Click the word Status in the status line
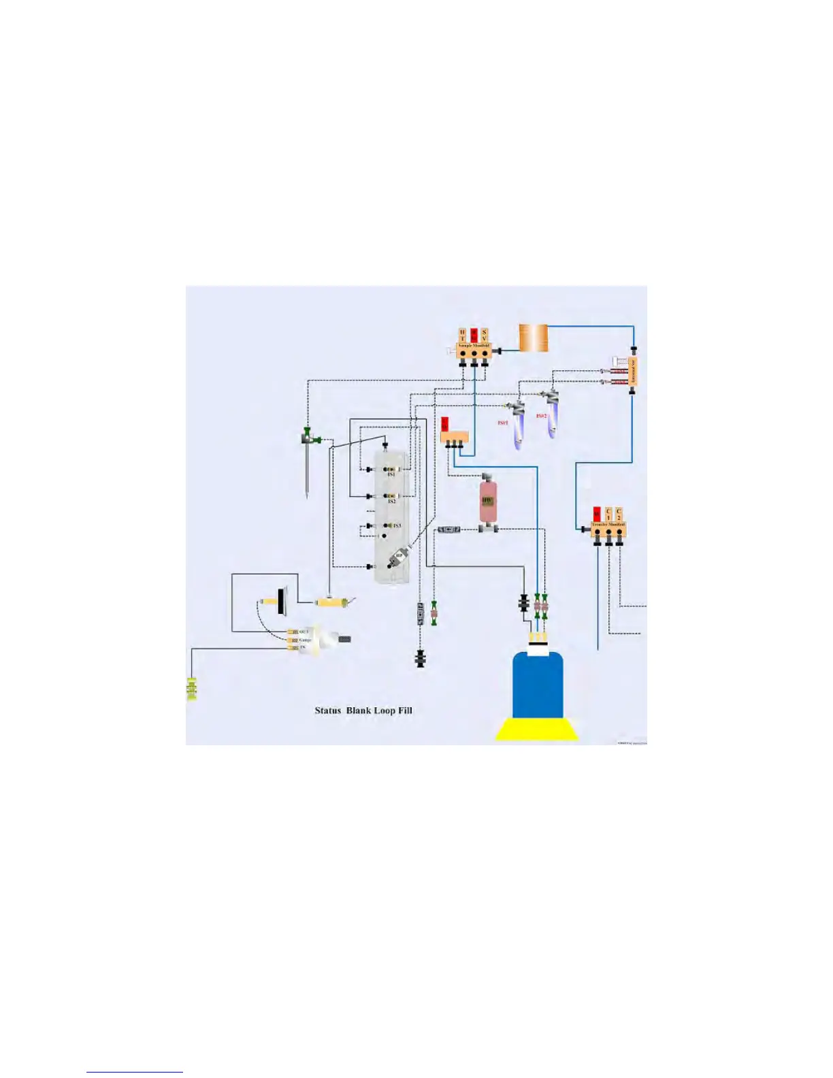click(x=327, y=710)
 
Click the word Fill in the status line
click(x=405, y=710)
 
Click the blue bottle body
click(x=537, y=684)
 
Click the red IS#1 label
click(x=503, y=423)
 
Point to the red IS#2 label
click(x=542, y=416)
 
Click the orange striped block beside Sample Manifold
click(x=533, y=338)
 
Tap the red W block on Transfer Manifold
click(x=597, y=514)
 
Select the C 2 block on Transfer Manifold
click(x=619, y=514)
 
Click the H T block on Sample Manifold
click(x=463, y=335)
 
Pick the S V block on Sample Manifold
click(x=485, y=335)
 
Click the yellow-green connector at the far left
click(x=191, y=689)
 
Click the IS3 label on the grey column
click(x=397, y=525)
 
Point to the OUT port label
click(x=304, y=632)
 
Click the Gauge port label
click(x=306, y=640)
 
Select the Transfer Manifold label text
click(x=608, y=525)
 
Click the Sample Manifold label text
click(x=474, y=346)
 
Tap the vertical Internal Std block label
click(x=632, y=372)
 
